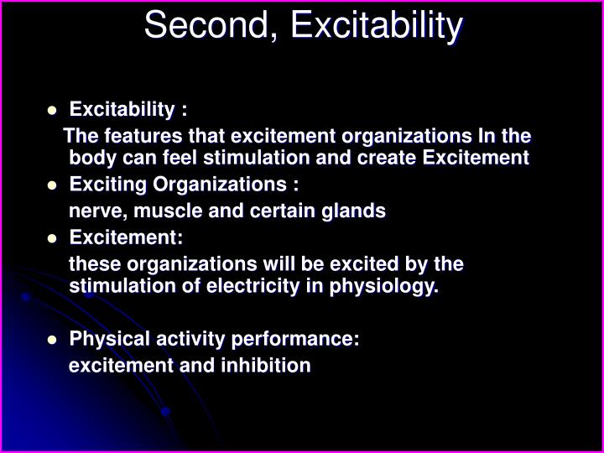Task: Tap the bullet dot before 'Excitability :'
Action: click(52, 110)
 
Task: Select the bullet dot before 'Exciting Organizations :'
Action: click(52, 185)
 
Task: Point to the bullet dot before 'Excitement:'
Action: click(52, 238)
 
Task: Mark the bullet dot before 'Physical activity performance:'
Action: click(52, 340)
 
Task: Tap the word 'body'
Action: click(86, 157)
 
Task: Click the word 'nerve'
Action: click(91, 211)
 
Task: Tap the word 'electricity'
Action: click(271, 288)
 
